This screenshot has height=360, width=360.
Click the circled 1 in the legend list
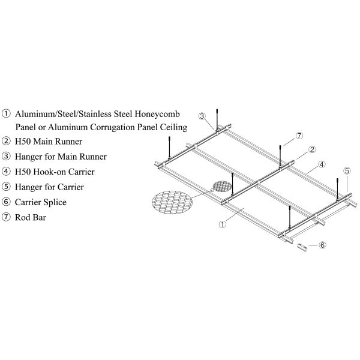(7, 113)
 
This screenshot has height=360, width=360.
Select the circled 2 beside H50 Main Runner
(7, 142)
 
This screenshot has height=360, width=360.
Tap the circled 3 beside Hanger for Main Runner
(7, 157)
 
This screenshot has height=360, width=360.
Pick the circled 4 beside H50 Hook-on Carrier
(7, 172)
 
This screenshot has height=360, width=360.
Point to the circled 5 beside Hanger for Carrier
(7, 187)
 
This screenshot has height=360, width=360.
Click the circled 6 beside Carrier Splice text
(7, 202)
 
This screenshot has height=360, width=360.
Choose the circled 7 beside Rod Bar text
(7, 217)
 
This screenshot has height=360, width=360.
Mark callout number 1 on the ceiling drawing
(222, 225)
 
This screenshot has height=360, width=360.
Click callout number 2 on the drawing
(312, 149)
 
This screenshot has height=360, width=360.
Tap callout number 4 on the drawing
(322, 164)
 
